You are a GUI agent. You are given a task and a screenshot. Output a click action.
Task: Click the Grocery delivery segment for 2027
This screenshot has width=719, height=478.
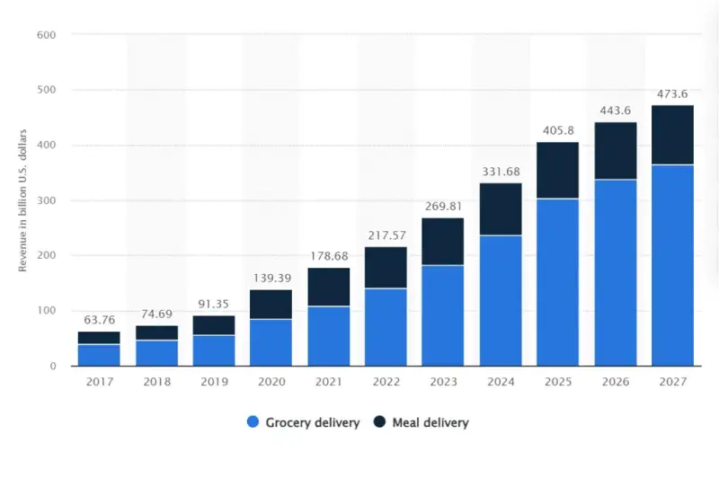pyautogui.click(x=672, y=265)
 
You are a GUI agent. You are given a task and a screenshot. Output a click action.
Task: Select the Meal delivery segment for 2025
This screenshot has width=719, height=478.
pyautogui.click(x=558, y=170)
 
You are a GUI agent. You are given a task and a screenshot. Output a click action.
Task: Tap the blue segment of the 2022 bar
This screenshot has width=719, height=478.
pyautogui.click(x=386, y=327)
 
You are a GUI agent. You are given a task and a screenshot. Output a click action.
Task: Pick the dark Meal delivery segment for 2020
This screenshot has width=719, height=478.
pyautogui.click(x=271, y=304)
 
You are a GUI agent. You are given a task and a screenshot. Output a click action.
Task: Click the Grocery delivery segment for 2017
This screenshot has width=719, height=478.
pyautogui.click(x=99, y=355)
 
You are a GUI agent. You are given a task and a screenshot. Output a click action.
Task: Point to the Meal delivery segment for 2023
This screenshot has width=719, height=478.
pyautogui.click(x=443, y=241)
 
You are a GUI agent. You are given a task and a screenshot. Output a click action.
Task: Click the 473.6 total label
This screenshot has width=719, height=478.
pyautogui.click(x=672, y=93)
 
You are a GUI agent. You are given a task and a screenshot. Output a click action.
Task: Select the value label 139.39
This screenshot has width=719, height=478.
pyautogui.click(x=271, y=278)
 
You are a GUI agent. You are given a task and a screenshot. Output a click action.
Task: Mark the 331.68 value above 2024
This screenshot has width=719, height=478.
pyautogui.click(x=501, y=171)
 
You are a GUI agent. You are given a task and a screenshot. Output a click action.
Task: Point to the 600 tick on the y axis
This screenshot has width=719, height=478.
pyautogui.click(x=47, y=35)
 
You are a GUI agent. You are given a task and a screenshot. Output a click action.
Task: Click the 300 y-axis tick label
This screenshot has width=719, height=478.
pyautogui.click(x=47, y=200)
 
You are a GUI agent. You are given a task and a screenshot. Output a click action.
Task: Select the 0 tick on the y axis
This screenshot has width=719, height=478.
pyautogui.click(x=53, y=366)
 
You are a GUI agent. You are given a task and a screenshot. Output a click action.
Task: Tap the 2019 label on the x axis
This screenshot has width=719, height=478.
pyautogui.click(x=213, y=382)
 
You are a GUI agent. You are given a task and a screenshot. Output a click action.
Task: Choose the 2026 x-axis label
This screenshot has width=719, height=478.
pyautogui.click(x=615, y=382)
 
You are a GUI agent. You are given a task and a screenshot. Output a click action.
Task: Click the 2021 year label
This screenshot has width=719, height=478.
pyautogui.click(x=328, y=382)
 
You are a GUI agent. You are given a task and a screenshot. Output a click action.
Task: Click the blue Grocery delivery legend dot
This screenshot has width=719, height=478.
pyautogui.click(x=253, y=422)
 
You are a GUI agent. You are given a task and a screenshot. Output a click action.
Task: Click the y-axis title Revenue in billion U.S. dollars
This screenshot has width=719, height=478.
pyautogui.click(x=24, y=200)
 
